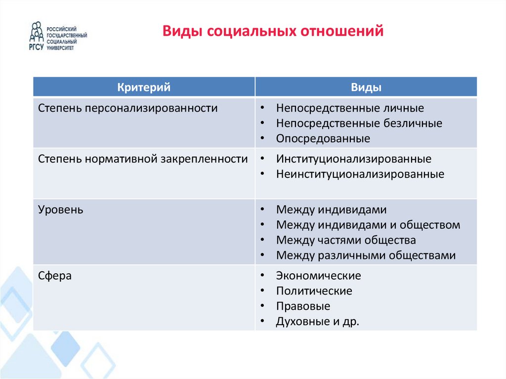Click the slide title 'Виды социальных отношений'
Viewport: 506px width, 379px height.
click(x=273, y=32)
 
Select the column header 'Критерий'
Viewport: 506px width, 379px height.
click(x=144, y=87)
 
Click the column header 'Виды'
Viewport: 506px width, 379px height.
click(x=366, y=87)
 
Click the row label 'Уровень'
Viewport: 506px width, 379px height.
click(x=61, y=210)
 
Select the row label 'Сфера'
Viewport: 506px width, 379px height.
click(x=55, y=276)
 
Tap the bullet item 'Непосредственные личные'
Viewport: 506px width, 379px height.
click(x=350, y=108)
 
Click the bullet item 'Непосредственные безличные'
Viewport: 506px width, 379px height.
click(x=359, y=124)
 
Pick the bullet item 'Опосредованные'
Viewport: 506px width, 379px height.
click(x=323, y=139)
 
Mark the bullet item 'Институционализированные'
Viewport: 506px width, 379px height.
click(x=354, y=159)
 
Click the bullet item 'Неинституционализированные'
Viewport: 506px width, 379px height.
click(x=360, y=174)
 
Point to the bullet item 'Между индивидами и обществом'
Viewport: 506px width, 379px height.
click(x=368, y=225)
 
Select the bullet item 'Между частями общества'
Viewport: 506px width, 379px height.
click(x=346, y=241)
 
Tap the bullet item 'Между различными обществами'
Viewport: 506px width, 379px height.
click(x=366, y=256)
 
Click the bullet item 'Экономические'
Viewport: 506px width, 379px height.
click(x=319, y=276)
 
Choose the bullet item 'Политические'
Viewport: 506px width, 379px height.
click(x=314, y=291)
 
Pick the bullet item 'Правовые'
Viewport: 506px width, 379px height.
click(x=303, y=306)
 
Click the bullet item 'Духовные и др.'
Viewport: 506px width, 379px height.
click(x=318, y=322)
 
